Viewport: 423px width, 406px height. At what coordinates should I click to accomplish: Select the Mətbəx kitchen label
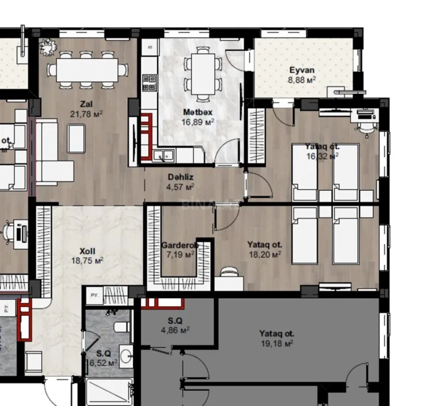click(197, 112)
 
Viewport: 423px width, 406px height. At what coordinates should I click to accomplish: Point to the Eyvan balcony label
click(302, 71)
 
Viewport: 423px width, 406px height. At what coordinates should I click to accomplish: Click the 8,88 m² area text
click(302, 80)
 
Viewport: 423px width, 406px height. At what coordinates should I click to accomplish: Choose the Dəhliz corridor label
click(181, 178)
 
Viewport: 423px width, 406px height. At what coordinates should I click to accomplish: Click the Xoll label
click(87, 251)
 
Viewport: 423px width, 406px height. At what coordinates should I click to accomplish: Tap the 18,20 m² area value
click(265, 255)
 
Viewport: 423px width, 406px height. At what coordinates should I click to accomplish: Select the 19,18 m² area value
click(276, 344)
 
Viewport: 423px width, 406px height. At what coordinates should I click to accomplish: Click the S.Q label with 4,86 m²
click(175, 320)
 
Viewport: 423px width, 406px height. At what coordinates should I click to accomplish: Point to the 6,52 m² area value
click(104, 362)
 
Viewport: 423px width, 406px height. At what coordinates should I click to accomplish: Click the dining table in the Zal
click(87, 70)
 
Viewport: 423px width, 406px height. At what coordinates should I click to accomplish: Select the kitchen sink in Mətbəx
click(164, 155)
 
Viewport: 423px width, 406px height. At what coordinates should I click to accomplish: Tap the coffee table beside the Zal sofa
click(77, 138)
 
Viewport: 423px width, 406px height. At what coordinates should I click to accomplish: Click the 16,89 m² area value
click(197, 122)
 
